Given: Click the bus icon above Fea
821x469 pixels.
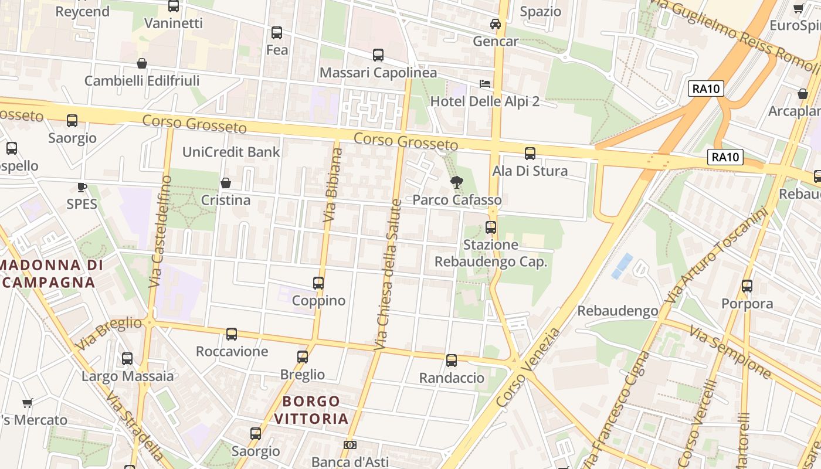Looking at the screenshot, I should click(277, 33).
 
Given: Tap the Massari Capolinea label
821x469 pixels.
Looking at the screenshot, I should click(378, 73).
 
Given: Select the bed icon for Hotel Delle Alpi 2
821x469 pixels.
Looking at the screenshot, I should click(485, 84).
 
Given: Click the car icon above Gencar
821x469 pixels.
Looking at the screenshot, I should click(496, 24).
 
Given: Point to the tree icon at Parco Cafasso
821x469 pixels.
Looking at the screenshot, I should click(456, 182).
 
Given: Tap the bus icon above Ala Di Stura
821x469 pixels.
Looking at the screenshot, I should click(530, 154).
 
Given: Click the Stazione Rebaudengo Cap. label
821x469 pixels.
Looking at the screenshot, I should click(490, 253).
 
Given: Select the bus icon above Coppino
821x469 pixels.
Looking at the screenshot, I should click(318, 283).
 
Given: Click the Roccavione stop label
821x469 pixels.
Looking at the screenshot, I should click(232, 351).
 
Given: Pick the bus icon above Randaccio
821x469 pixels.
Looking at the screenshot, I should click(452, 361).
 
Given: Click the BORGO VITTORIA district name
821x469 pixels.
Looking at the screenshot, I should click(311, 410).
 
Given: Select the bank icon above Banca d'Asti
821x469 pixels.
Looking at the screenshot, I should click(350, 446).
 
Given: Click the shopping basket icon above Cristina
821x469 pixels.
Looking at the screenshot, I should click(225, 183).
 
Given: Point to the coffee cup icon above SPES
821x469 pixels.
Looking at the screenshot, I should click(82, 188).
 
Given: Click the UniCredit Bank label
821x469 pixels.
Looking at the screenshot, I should click(231, 152).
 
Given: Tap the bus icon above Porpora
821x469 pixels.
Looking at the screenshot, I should click(747, 286).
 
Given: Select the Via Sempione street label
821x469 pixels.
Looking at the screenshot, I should click(730, 352).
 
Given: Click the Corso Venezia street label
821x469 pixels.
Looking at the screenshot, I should click(528, 368).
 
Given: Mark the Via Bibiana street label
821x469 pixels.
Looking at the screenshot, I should click(333, 185).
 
